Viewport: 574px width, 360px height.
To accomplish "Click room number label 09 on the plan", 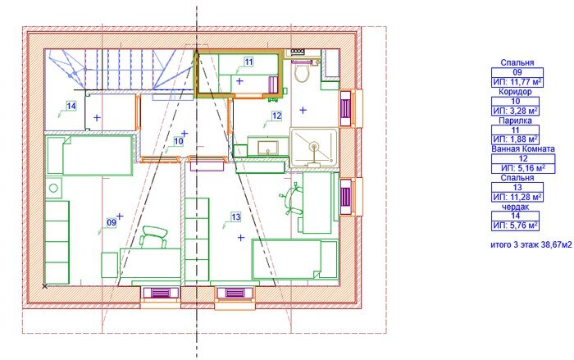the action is (112, 222).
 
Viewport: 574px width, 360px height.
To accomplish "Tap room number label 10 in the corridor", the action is (178, 141).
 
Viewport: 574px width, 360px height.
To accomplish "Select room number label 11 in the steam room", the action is (248, 62).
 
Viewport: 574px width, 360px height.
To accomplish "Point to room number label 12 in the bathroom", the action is (277, 116).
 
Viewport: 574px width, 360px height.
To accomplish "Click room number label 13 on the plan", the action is (236, 217).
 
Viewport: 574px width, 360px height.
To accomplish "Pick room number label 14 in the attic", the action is (71, 106).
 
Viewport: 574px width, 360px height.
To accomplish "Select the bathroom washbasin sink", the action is (268, 147).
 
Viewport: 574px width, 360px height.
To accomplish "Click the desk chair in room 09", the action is (154, 237).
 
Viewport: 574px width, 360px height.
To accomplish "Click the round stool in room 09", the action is (53, 189).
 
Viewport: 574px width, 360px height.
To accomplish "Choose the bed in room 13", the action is (294, 260).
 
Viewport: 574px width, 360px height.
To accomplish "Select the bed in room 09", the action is (89, 155).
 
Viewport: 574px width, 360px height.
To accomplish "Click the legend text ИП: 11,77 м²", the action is (517, 82).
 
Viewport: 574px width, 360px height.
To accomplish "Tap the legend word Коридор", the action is (515, 91).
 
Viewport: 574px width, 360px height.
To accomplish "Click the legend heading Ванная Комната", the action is (523, 148).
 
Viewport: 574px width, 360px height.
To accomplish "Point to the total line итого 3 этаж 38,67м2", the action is (531, 244).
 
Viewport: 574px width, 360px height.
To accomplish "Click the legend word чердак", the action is (515, 207).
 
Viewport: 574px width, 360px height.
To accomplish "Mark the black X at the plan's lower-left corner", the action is (44, 286).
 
